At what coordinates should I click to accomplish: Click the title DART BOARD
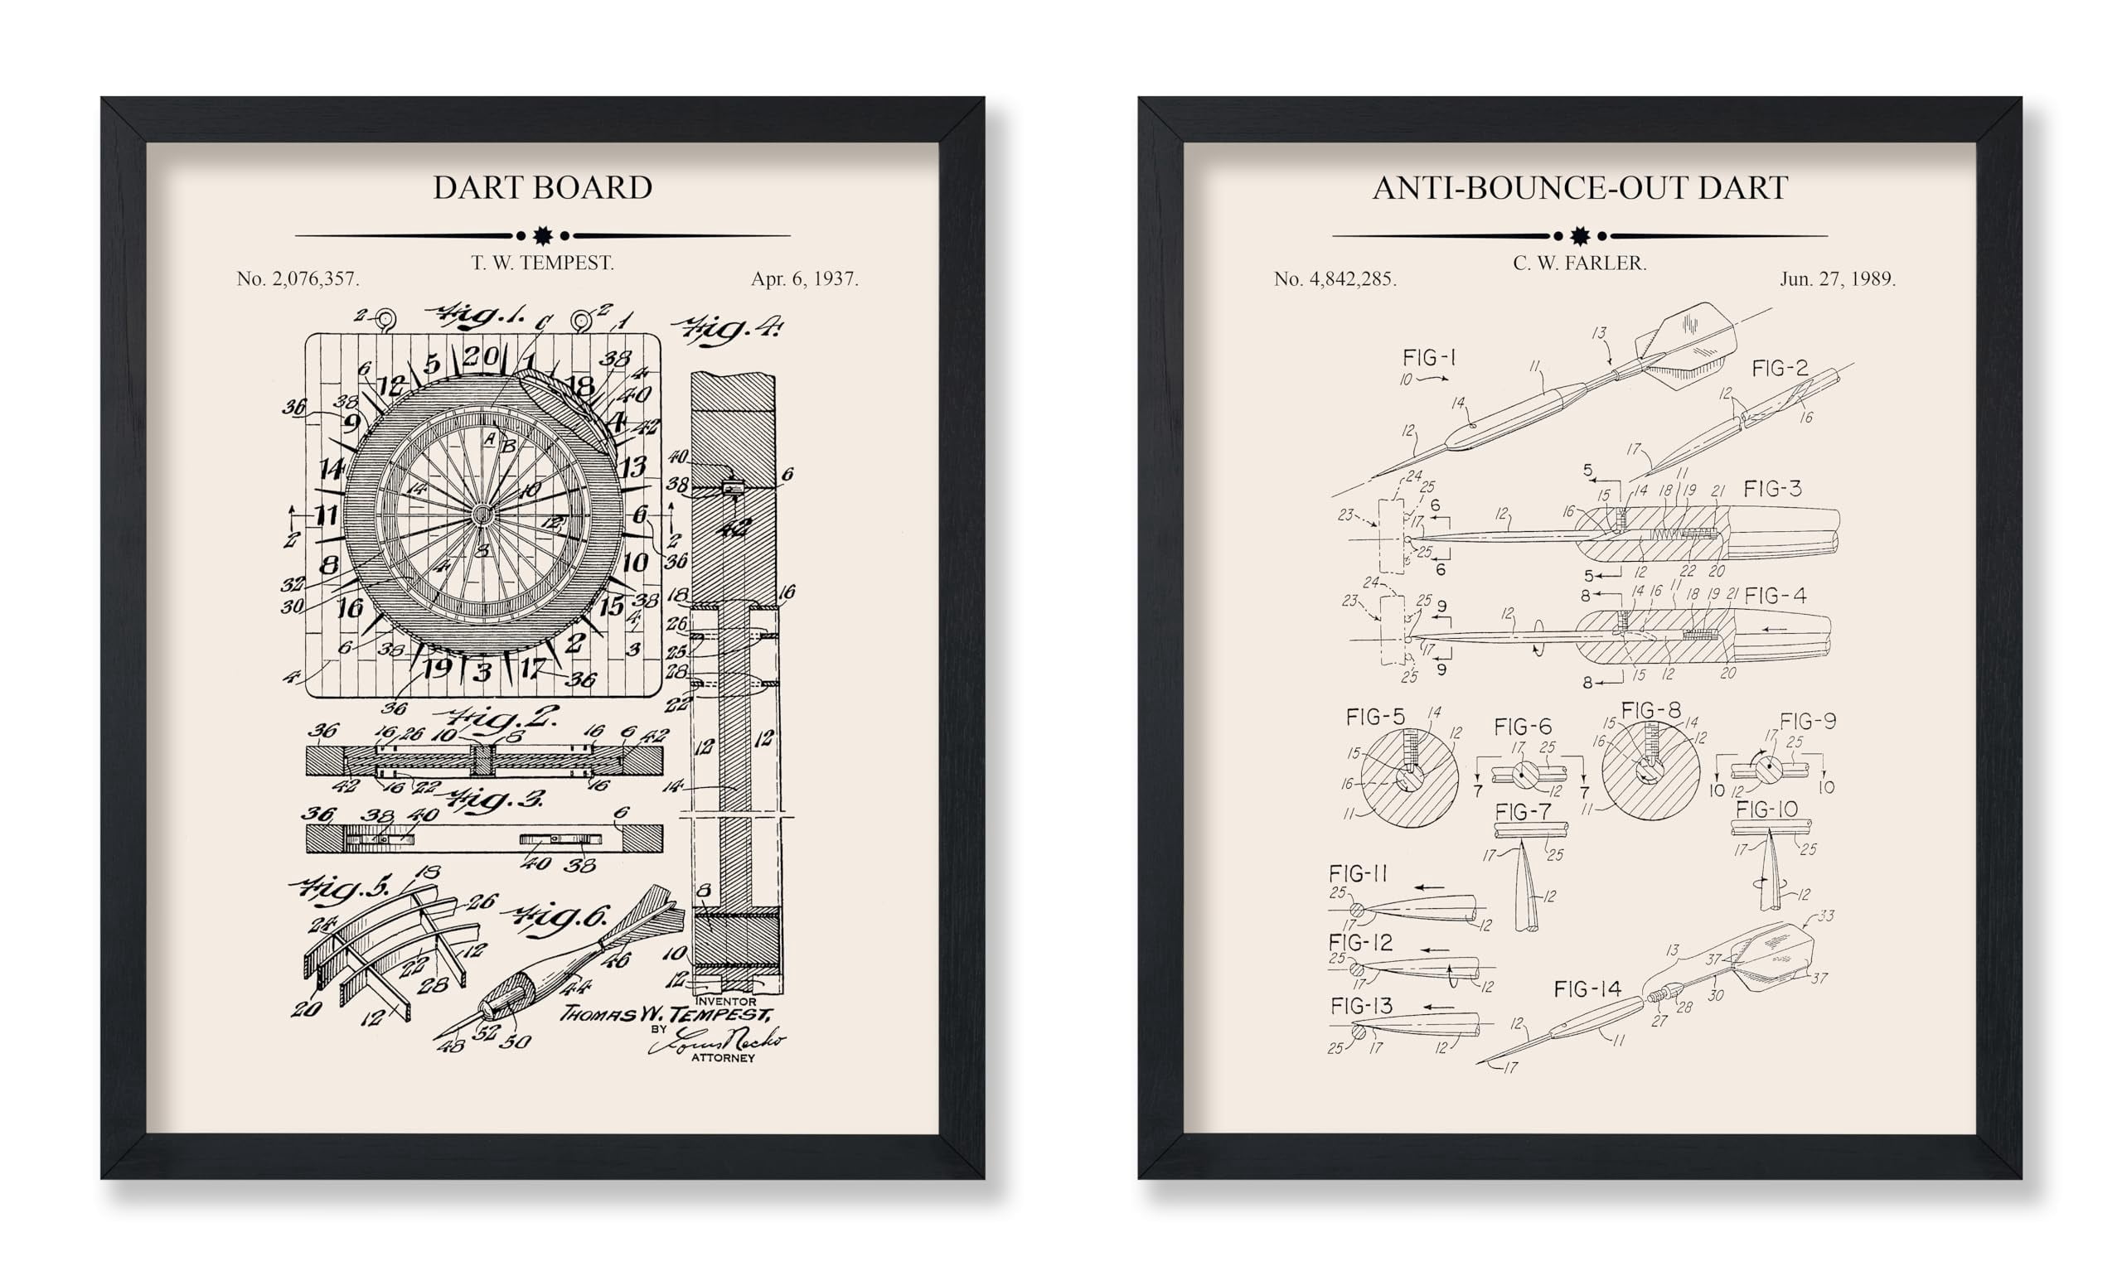(x=542, y=187)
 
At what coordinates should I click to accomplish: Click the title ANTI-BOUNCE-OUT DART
(x=1580, y=187)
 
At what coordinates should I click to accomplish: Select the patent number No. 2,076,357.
(x=298, y=278)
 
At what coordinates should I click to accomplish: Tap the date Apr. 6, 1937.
(x=804, y=278)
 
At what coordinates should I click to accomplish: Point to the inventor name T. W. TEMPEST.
(x=542, y=263)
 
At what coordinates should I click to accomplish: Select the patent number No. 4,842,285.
(x=1335, y=278)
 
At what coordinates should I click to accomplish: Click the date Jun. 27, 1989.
(x=1838, y=278)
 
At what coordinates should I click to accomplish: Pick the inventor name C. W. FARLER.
(x=1580, y=263)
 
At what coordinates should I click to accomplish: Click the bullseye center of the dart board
(x=482, y=514)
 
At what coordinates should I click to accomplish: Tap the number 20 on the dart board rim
(x=482, y=355)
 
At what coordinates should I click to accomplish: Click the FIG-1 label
(x=1429, y=357)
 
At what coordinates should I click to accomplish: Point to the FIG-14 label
(x=1587, y=989)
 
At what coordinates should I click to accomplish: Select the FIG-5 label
(x=1375, y=716)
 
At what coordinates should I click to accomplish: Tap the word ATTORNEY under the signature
(x=723, y=1058)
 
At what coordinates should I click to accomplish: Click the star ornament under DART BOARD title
(x=542, y=234)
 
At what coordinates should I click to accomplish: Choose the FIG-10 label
(x=1766, y=809)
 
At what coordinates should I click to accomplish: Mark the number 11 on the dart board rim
(x=327, y=515)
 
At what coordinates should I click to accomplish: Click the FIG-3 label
(x=1772, y=489)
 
